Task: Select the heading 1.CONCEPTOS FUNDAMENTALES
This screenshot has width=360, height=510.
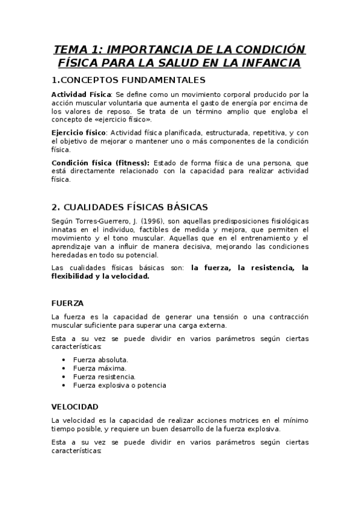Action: click(x=129, y=80)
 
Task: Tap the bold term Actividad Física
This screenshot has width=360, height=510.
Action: click(x=81, y=94)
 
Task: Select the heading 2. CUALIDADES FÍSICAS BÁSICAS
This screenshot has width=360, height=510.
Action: click(x=130, y=206)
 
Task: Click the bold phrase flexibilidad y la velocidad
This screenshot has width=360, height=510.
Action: click(x=100, y=277)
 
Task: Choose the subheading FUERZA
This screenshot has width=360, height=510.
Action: click(x=67, y=303)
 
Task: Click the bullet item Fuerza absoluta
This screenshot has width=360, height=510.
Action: click(x=100, y=360)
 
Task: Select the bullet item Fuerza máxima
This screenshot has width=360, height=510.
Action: click(x=99, y=368)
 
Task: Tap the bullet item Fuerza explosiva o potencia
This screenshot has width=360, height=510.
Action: click(x=120, y=385)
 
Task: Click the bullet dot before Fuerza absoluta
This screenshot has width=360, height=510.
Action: click(x=64, y=360)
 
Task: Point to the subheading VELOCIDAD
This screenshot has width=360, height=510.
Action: click(x=75, y=407)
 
